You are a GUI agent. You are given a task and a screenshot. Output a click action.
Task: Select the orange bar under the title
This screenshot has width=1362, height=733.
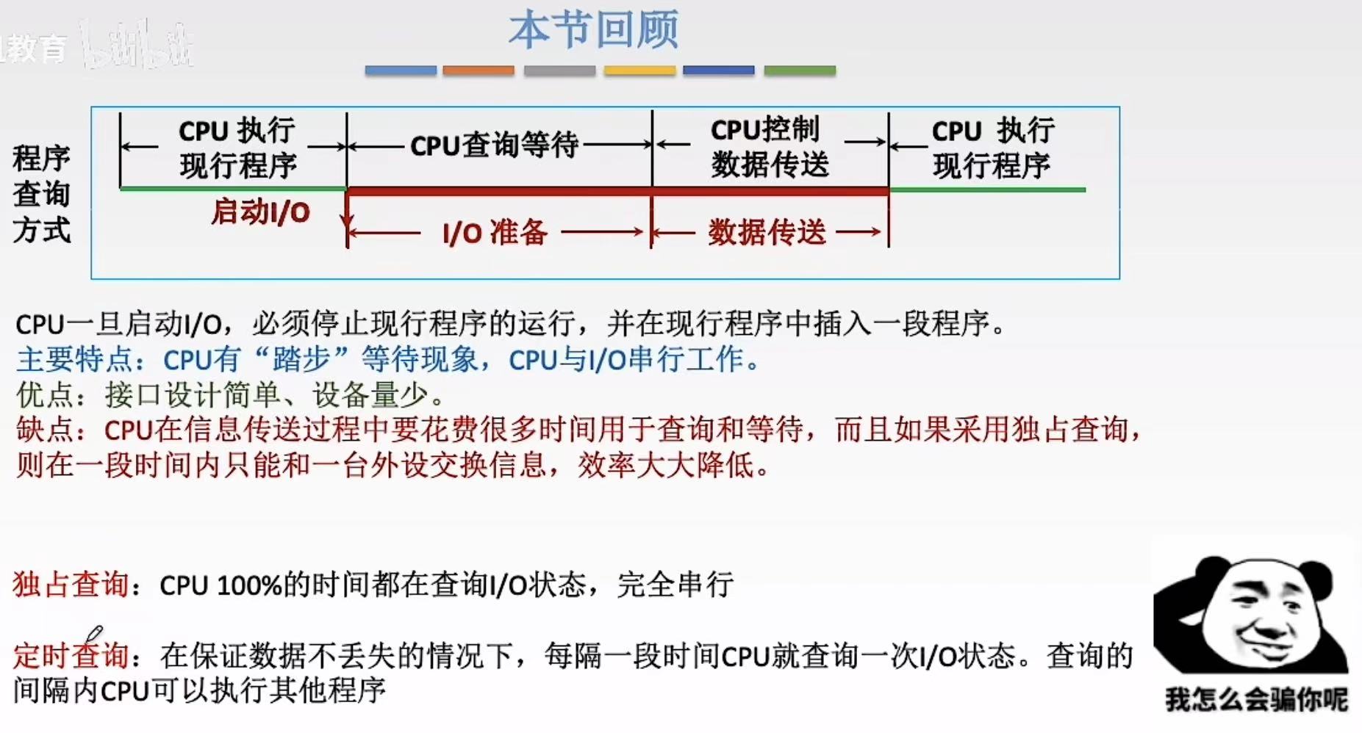478,71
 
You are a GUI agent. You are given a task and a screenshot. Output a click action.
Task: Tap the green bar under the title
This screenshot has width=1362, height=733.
800,71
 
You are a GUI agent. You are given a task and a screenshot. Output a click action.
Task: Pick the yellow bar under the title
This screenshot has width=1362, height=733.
639,71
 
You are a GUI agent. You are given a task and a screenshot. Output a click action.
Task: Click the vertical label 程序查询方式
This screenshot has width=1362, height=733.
41,194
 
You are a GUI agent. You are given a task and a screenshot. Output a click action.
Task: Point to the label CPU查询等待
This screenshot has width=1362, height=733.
494,145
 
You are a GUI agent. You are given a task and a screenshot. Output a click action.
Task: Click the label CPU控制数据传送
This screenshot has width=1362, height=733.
769,146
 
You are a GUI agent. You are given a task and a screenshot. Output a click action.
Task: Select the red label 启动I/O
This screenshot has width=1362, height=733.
261,212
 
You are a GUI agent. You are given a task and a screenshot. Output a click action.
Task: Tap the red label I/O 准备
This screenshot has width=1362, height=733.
495,233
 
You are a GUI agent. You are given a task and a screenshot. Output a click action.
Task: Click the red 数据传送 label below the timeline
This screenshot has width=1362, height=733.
767,233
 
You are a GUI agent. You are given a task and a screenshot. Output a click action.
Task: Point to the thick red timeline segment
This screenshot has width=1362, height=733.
617,191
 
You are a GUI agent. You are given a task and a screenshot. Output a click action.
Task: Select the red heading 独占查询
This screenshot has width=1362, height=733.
71,585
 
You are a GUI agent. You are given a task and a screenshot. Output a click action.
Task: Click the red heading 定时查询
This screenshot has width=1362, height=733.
71,654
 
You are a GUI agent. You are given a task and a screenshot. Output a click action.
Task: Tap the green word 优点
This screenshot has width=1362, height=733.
45,395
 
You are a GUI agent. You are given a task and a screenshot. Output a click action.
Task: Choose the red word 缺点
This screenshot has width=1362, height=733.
45,430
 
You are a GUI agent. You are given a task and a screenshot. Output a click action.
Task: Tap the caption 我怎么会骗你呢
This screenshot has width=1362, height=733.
1255,699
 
